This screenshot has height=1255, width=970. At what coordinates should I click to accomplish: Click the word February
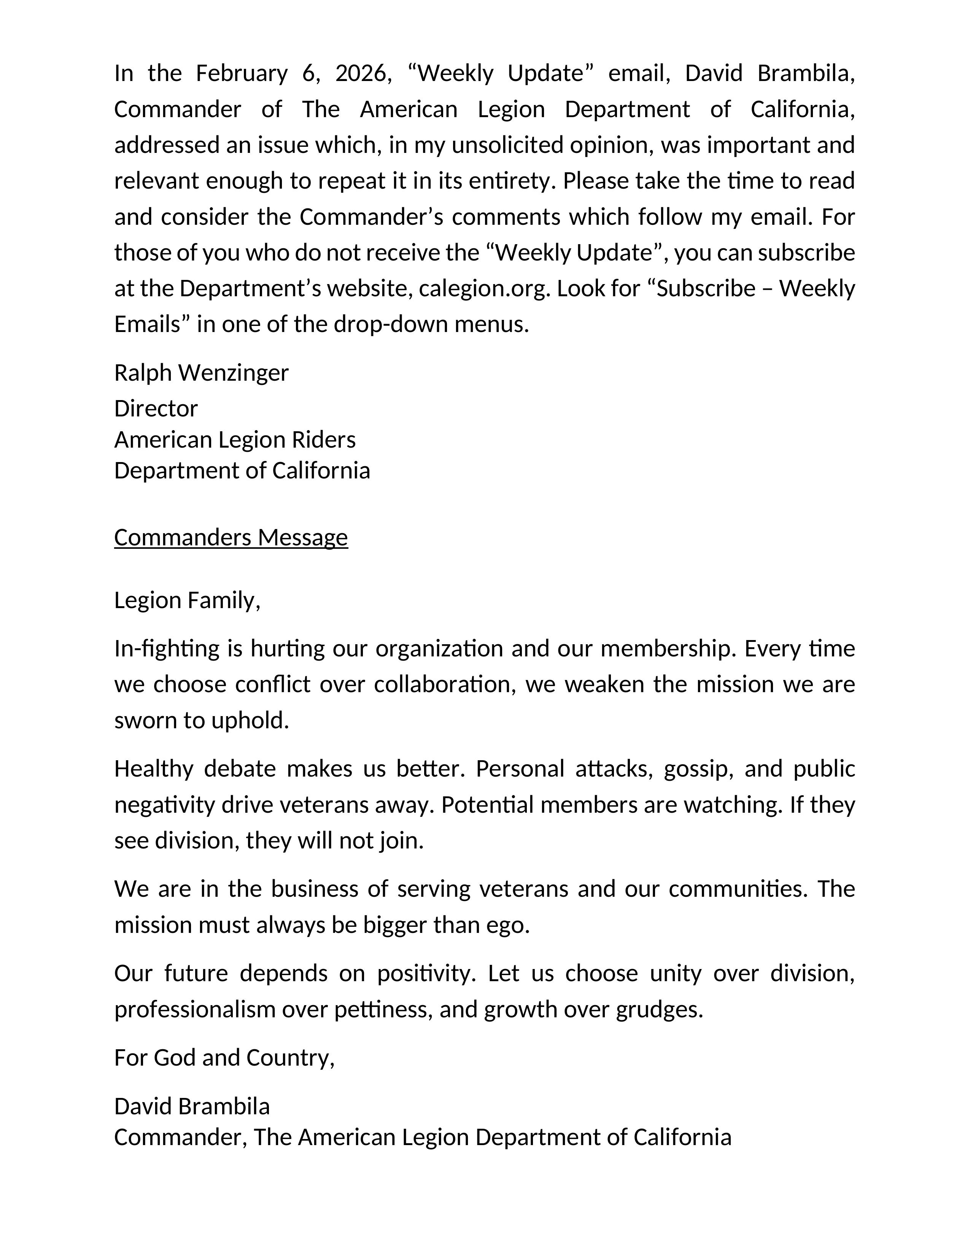point(241,73)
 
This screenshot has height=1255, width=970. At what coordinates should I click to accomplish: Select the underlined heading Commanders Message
point(231,537)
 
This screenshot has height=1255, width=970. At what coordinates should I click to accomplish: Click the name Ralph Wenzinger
point(201,373)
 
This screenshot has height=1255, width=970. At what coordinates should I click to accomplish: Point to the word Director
point(156,408)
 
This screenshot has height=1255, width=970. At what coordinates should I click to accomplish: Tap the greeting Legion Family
point(187,600)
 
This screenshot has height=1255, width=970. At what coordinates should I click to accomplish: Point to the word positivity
point(426,974)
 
